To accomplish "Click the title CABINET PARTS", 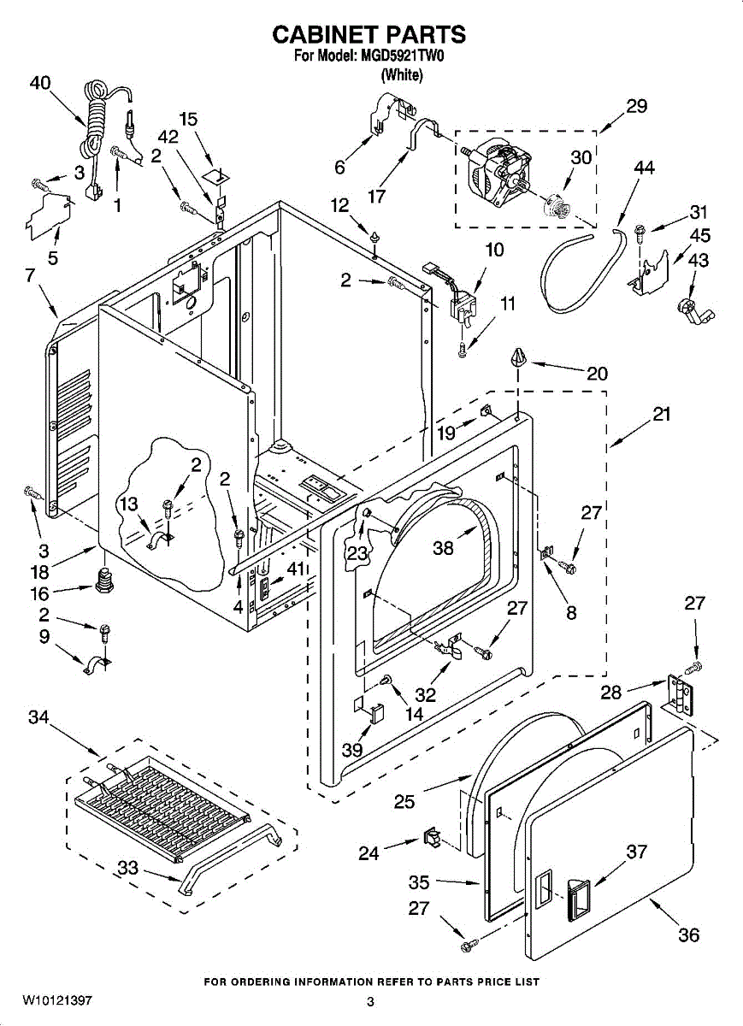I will (x=369, y=34).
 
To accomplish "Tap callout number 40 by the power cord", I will (x=40, y=83).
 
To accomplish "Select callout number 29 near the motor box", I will (x=636, y=106).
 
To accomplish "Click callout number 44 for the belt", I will (x=644, y=168).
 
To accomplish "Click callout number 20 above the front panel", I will (x=597, y=374).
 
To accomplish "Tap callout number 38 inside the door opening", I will (x=443, y=548).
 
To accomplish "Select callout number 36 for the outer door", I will (x=688, y=935).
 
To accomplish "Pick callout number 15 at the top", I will (x=188, y=119).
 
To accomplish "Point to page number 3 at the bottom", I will (x=371, y=1002).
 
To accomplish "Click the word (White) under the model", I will (x=401, y=74).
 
